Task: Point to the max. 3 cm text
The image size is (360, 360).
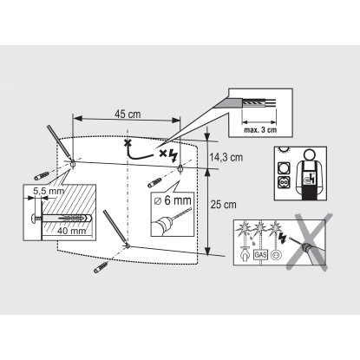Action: [260, 130]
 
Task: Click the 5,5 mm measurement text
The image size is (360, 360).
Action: [49, 191]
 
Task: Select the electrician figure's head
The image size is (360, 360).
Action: [310, 154]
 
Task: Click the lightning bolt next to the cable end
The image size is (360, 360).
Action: [173, 155]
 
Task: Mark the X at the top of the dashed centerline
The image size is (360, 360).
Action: [127, 143]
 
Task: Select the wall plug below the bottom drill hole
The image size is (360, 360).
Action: [101, 266]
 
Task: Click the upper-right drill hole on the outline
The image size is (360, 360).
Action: [180, 167]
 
